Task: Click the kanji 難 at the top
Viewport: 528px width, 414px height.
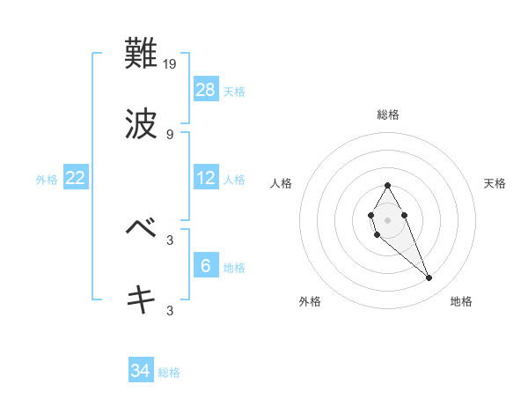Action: click(142, 55)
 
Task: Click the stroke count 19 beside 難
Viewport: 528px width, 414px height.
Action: click(171, 63)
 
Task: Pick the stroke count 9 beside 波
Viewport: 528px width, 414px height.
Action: click(169, 134)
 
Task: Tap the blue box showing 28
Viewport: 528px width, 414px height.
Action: click(206, 89)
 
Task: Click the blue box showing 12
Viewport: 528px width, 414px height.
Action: click(206, 178)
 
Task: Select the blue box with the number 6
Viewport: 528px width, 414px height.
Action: click(206, 265)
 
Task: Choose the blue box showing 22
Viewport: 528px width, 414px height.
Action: click(76, 178)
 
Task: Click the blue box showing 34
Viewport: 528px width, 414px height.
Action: click(141, 371)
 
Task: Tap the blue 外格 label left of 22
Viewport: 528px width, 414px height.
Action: click(47, 180)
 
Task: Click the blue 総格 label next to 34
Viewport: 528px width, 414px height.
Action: click(169, 373)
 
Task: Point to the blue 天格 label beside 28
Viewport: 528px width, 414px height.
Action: click(234, 91)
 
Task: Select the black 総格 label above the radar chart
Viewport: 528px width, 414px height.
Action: click(388, 115)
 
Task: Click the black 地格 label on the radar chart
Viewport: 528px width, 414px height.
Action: click(461, 301)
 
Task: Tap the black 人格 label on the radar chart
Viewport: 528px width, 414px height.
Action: click(282, 183)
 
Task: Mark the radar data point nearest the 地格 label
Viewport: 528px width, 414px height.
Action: click(429, 278)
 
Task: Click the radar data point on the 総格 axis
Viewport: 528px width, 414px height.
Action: click(387, 185)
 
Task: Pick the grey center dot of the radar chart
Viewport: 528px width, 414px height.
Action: click(387, 219)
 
